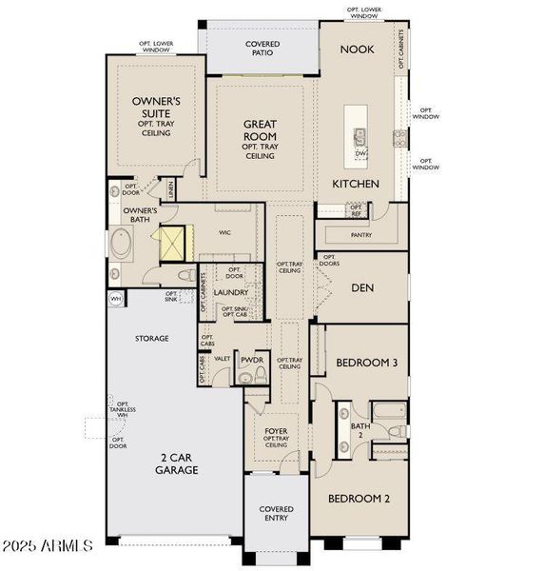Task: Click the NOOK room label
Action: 357,49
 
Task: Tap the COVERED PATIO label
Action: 262,48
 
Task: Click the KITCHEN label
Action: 355,184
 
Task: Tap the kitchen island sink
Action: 360,136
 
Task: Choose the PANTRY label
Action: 360,235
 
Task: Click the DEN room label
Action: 360,287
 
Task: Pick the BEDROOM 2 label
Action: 359,498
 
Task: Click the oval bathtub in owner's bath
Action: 124,244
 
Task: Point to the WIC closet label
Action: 225,231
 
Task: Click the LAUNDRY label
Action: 231,292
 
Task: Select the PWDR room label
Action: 251,360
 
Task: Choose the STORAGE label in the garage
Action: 151,338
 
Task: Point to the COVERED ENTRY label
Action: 277,515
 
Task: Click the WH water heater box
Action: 115,299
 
